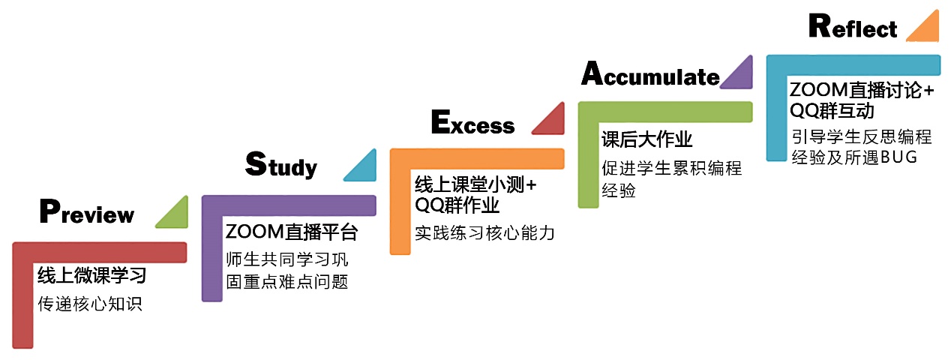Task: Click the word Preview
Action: point(87,213)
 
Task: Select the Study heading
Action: point(281,165)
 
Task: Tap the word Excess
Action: point(472,123)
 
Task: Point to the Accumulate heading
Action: point(650,76)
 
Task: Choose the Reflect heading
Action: point(853,28)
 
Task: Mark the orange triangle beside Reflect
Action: point(925,27)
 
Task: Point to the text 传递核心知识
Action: point(90,304)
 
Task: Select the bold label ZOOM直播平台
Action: point(291,232)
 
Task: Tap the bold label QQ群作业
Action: point(457,204)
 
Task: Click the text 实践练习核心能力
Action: point(484,232)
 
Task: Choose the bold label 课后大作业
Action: point(646,139)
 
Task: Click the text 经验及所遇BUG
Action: point(853,157)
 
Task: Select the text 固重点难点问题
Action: point(287,282)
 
